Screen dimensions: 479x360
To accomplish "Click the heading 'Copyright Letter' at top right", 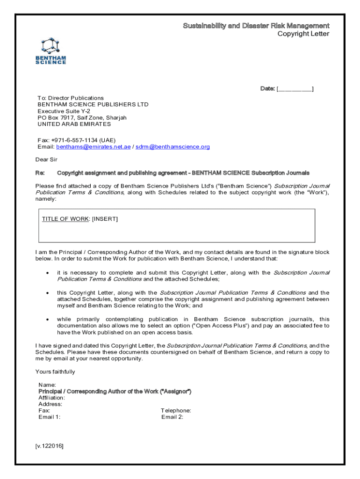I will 303,34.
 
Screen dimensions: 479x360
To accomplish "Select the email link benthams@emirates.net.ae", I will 94,147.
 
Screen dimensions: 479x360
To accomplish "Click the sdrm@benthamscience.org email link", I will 173,147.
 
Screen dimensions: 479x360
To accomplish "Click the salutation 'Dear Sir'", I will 46,160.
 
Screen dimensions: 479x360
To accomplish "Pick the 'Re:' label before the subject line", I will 40,173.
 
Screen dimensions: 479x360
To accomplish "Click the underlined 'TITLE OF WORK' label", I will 65,219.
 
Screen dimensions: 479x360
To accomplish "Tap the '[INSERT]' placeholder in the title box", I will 105,219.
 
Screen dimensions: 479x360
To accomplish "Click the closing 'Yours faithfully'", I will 55,372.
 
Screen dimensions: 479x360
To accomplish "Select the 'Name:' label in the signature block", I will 47,385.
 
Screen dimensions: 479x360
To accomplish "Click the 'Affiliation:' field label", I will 51,398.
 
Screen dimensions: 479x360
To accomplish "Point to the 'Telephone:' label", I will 176,411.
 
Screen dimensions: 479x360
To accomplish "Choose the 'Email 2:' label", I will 173,417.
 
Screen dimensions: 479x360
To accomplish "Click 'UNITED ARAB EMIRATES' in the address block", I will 74,124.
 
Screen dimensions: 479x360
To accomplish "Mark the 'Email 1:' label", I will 49,417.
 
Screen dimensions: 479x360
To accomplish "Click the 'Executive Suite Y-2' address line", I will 64,111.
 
